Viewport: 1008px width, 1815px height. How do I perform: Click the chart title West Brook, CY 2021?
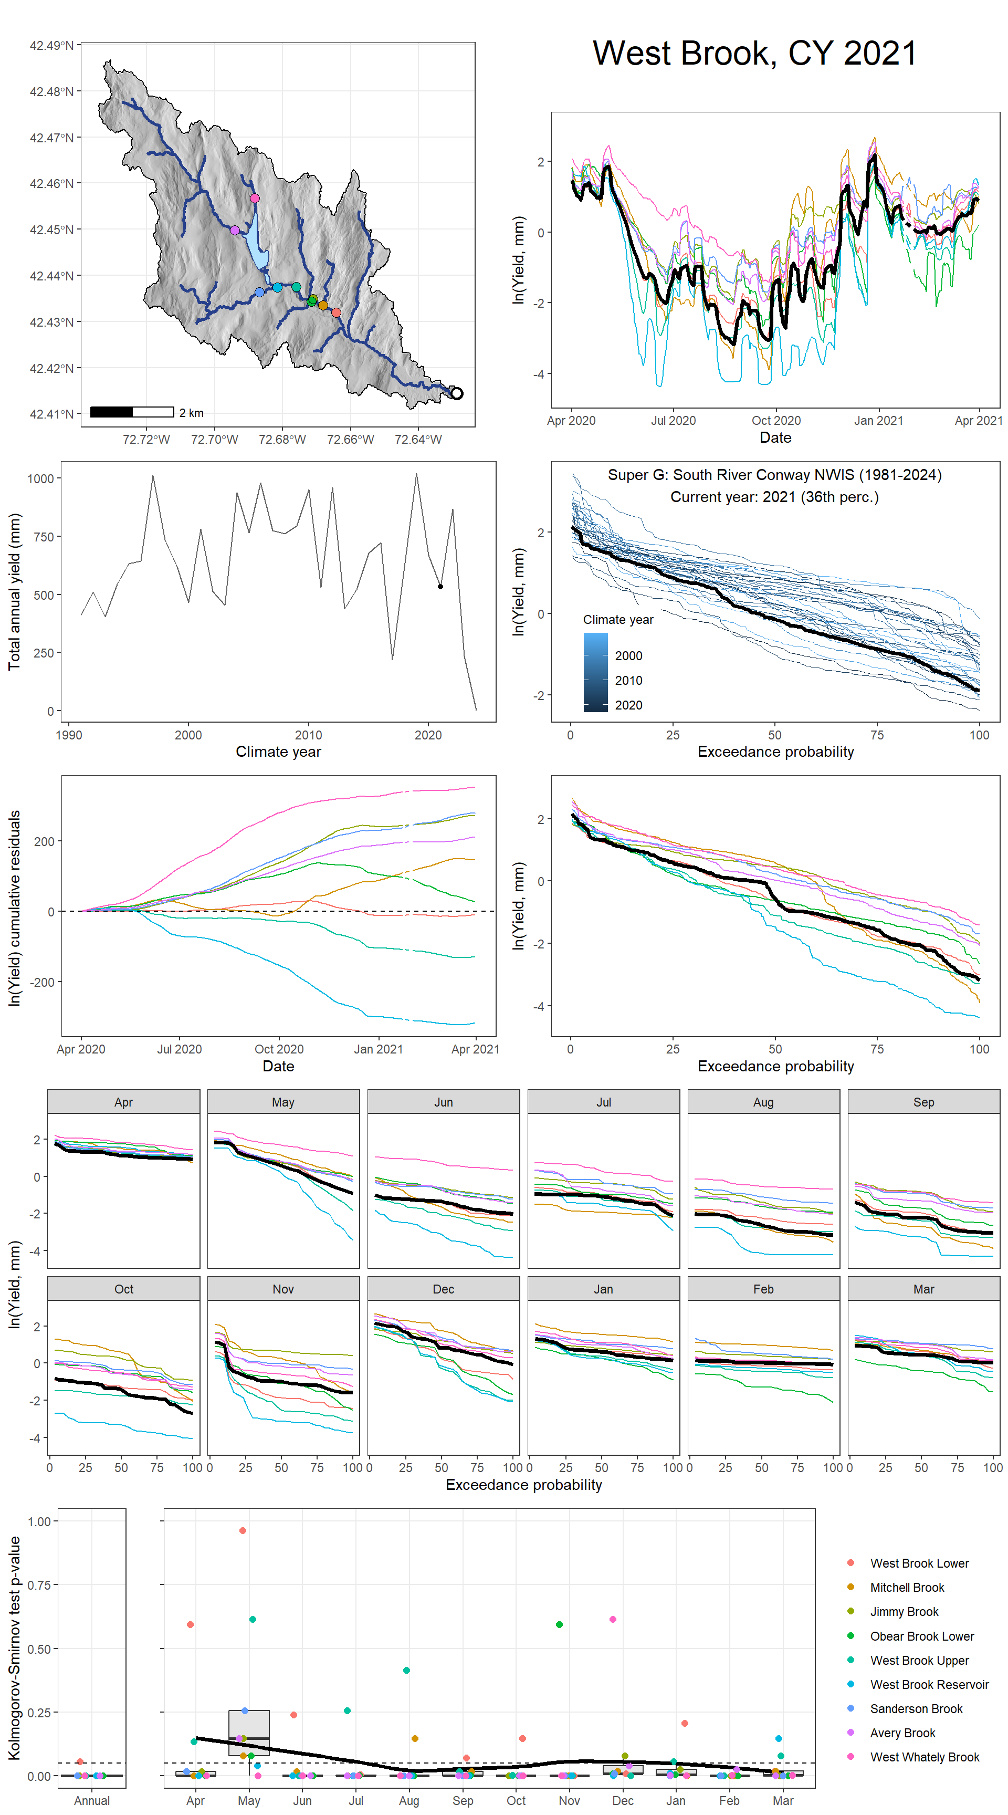tap(754, 54)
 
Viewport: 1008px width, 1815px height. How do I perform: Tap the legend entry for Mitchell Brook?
tap(907, 1588)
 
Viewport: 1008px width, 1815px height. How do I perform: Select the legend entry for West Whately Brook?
tap(924, 1757)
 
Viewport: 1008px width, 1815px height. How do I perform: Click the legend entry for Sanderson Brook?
tap(916, 1708)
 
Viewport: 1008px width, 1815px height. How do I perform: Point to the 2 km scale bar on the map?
tap(132, 412)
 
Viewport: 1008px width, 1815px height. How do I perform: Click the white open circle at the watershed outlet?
tap(456, 393)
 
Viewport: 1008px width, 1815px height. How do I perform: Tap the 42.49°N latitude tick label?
tap(51, 46)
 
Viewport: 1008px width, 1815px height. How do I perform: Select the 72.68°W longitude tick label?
tap(282, 440)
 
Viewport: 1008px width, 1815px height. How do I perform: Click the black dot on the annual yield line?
tap(440, 586)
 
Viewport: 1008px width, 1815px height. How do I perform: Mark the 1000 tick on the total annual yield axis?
tap(40, 479)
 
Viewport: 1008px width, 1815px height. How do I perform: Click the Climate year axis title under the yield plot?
tap(278, 752)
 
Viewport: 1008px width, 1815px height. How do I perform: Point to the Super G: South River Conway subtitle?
tap(774, 475)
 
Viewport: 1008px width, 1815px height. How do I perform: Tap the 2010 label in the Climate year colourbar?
tap(628, 681)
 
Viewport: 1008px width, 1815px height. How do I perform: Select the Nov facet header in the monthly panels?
tap(283, 1289)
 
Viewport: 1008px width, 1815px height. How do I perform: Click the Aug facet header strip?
tap(763, 1102)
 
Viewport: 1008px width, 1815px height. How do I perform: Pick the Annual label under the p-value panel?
tap(91, 1800)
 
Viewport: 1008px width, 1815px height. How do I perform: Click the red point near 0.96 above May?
tap(243, 1530)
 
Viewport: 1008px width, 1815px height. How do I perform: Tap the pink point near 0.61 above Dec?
tap(613, 1619)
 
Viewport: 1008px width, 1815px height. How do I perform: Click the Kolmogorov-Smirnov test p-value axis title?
tap(14, 1648)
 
